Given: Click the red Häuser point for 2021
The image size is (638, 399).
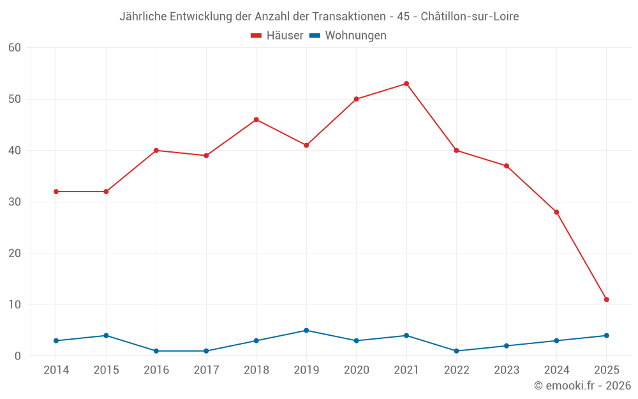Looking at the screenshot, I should [406, 84].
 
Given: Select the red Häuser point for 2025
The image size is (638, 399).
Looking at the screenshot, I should [607, 299].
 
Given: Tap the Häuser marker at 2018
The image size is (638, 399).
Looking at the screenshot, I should [256, 119].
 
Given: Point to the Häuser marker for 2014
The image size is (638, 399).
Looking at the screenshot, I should [56, 192].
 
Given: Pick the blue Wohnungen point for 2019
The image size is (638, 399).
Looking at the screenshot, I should [306, 331].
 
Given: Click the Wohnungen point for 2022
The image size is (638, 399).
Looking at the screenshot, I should [457, 351].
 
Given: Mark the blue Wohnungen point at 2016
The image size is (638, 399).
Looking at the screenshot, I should [156, 351].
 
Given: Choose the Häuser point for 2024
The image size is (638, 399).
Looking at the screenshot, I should [556, 212].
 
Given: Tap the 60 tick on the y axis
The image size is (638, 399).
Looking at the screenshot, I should [15, 48].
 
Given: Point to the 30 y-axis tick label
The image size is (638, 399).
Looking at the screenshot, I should [15, 202].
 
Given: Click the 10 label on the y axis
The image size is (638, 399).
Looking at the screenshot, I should [15, 305].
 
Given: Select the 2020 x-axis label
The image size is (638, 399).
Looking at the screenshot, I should [357, 370].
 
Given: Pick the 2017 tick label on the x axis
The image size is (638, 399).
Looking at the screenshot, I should [206, 370].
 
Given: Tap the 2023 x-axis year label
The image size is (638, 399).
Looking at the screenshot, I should [507, 370].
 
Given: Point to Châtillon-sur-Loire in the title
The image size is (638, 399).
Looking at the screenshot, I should [470, 16].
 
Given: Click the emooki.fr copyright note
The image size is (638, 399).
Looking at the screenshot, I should [582, 386].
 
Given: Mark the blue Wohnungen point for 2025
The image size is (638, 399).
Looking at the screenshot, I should [607, 336].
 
